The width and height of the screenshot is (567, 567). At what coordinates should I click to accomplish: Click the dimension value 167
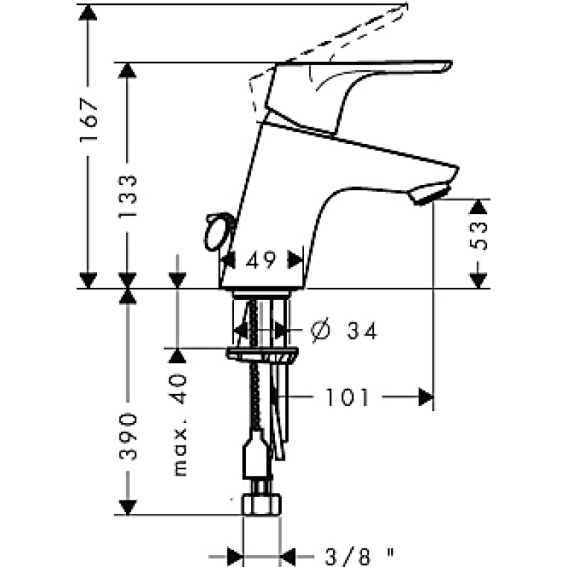click(89, 119)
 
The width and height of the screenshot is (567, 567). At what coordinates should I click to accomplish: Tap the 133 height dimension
click(128, 196)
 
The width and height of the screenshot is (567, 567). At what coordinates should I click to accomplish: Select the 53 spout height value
click(478, 236)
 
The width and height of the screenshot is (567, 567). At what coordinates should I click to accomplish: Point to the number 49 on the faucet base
click(260, 259)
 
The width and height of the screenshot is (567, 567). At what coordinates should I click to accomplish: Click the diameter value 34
click(362, 330)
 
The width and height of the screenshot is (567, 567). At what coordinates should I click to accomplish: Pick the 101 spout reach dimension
click(347, 397)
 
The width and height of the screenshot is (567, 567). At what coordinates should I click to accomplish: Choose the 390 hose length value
click(128, 437)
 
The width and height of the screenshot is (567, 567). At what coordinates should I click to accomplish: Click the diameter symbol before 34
click(320, 330)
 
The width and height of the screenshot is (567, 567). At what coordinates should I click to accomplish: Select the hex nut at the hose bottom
click(261, 504)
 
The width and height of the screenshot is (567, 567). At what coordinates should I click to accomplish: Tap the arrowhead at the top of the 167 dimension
click(88, 13)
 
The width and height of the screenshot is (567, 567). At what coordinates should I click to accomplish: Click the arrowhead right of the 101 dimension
click(426, 397)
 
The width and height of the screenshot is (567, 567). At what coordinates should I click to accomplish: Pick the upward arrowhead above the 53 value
click(478, 208)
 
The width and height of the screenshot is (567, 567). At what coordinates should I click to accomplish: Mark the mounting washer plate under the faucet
click(262, 353)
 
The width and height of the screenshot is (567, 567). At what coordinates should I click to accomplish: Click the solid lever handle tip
click(449, 66)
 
